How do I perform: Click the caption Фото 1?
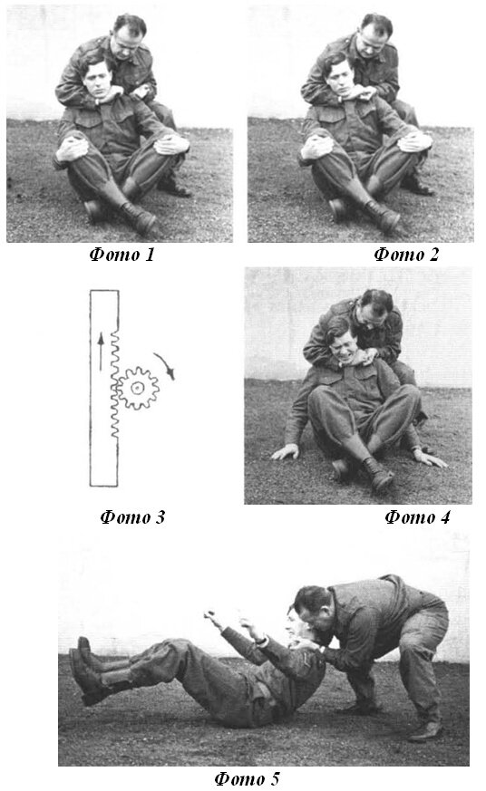(121, 255)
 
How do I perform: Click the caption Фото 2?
(406, 255)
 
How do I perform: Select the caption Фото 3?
(132, 517)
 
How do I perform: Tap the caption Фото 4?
(417, 517)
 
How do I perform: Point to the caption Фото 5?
(247, 778)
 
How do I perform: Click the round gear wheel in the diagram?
(137, 388)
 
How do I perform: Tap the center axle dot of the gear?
(137, 388)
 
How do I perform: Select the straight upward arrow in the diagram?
(101, 352)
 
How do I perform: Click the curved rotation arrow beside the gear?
(166, 364)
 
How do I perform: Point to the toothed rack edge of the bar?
(114, 383)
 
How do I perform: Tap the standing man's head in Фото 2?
(374, 35)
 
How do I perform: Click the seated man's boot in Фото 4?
(378, 474)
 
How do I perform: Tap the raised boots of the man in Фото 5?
(91, 670)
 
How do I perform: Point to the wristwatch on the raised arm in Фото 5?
(261, 641)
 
